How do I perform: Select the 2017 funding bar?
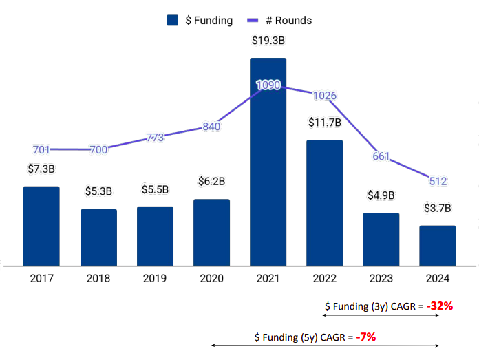[x=41, y=226]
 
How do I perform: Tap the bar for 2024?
[x=438, y=245]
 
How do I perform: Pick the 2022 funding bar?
[x=324, y=203]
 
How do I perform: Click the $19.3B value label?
[x=268, y=41]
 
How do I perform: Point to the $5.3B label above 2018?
[x=98, y=191]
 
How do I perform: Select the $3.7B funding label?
[x=438, y=207]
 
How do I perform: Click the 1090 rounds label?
[x=268, y=85]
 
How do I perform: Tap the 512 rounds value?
[x=438, y=182]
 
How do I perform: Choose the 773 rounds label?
[x=155, y=137]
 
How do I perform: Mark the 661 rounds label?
[x=381, y=156]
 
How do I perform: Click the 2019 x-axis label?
[x=155, y=279]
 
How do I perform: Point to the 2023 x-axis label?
[x=381, y=279]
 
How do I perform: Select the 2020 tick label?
[x=211, y=279]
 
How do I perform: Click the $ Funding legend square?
[x=173, y=21]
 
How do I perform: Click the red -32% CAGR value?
[x=439, y=306]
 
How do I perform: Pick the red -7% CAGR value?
[x=365, y=337]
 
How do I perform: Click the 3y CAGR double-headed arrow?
[x=381, y=315]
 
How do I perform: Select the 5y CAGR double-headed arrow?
[x=324, y=345]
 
